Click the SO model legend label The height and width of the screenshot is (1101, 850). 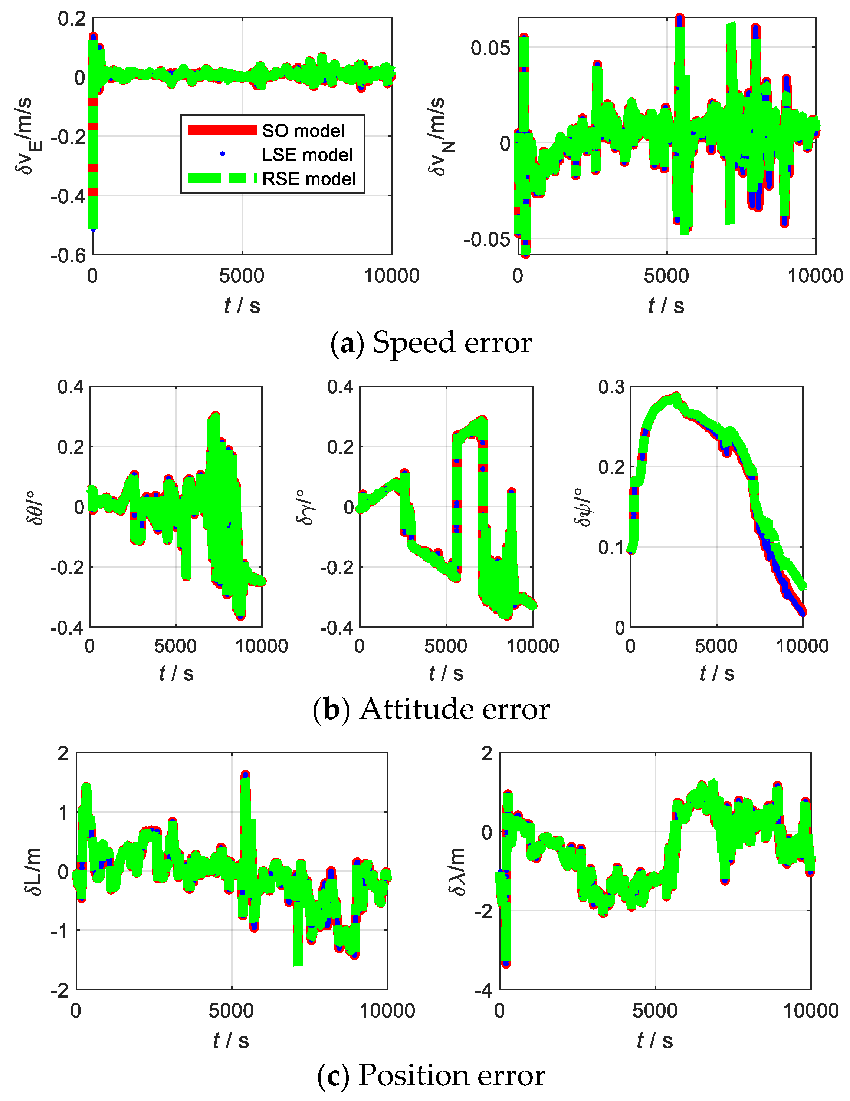point(303,131)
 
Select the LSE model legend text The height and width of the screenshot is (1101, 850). point(307,155)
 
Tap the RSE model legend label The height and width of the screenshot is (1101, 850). point(309,179)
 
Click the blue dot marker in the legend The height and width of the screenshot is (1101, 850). point(223,154)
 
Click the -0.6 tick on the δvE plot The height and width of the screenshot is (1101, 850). point(68,255)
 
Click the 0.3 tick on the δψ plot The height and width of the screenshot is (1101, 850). point(611,387)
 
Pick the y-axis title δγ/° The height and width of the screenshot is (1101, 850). point(305,507)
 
